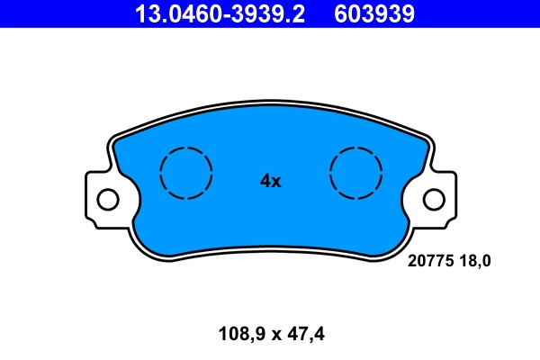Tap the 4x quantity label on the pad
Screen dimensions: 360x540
pos(270,181)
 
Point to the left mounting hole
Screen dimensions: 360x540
pos(107,199)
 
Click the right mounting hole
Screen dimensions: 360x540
pos(434,199)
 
